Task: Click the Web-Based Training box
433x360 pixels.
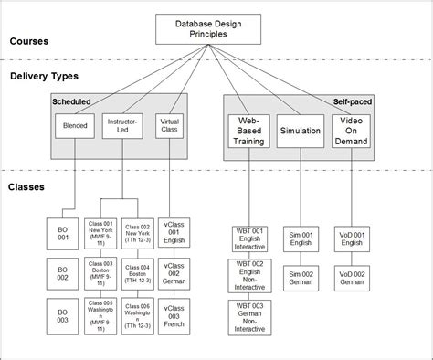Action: [x=249, y=131]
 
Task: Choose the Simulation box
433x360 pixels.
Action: [x=300, y=131]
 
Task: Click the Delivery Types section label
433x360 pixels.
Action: [x=45, y=77]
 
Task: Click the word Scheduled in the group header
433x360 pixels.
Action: [x=71, y=102]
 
